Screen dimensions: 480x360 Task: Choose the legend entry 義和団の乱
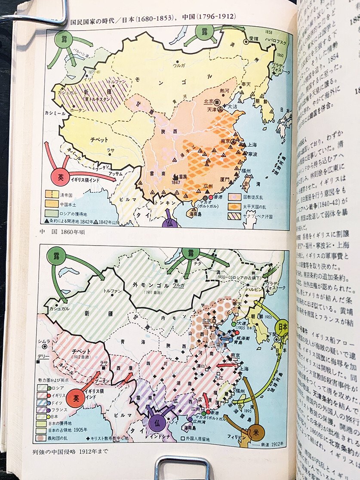[x=65, y=439]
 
